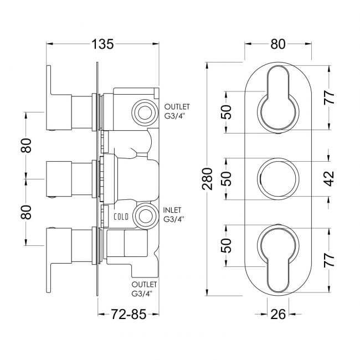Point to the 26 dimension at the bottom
coord(279,315)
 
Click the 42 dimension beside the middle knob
coord(330,179)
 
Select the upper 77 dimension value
coord(330,98)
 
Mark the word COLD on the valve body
coord(121,217)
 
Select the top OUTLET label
coord(177,106)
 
